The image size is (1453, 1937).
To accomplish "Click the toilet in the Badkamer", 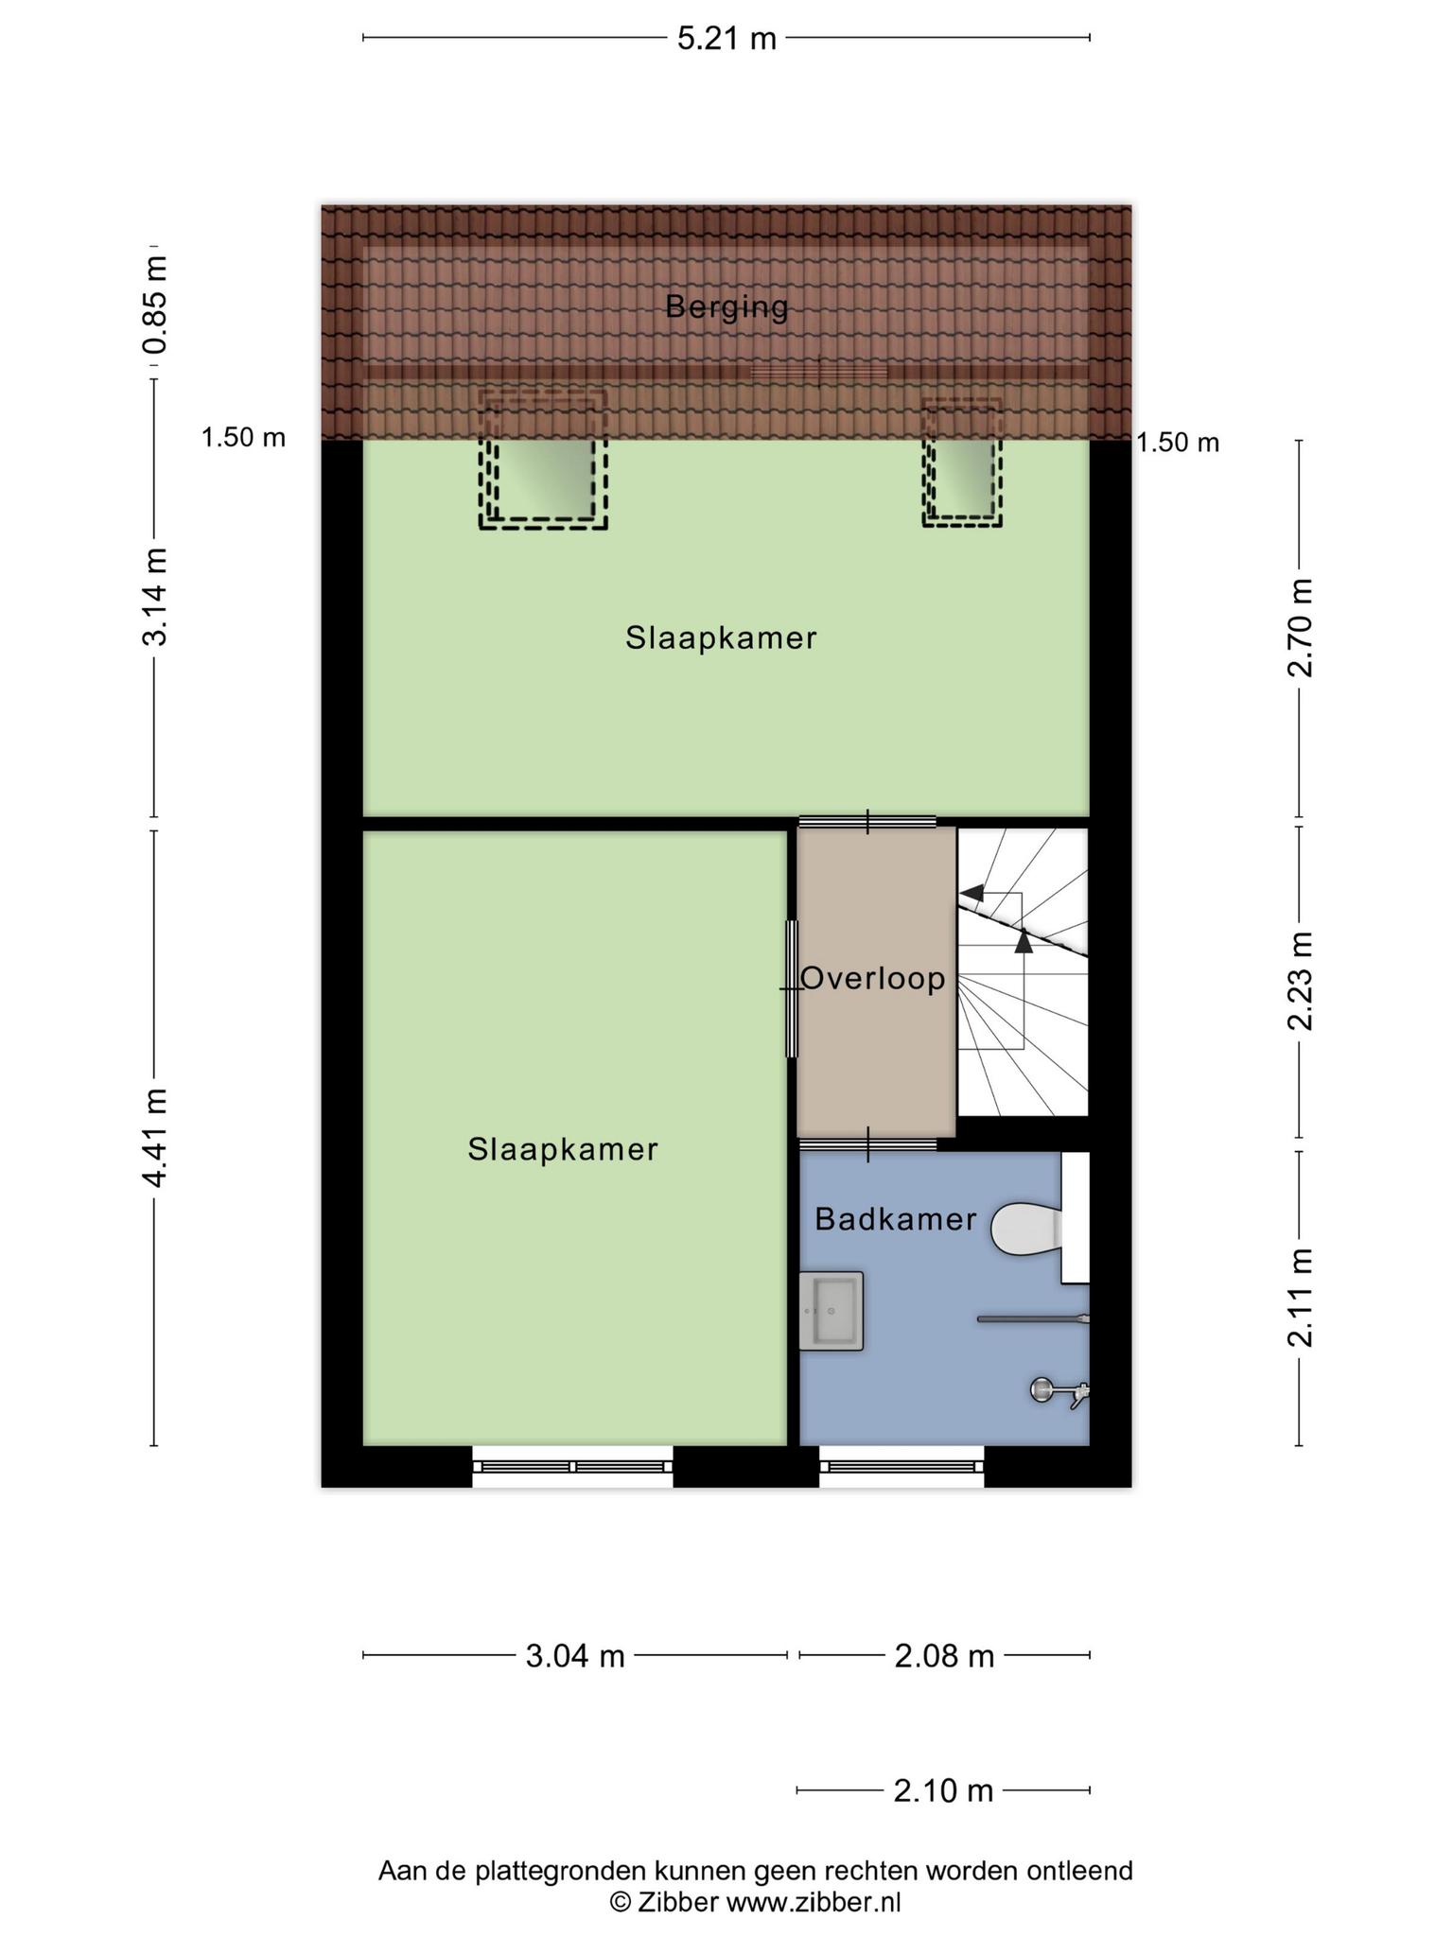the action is [x=1025, y=1229].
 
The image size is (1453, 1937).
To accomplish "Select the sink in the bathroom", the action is [x=832, y=1311].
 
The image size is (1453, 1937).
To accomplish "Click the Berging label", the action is [x=726, y=307].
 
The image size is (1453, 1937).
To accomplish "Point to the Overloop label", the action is [x=873, y=979].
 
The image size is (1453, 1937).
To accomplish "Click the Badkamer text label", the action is [x=895, y=1219].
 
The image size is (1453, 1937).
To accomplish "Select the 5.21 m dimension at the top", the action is [x=726, y=39].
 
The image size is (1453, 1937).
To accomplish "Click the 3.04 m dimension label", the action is [x=575, y=1656].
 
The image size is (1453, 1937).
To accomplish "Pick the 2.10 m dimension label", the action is [x=943, y=1790].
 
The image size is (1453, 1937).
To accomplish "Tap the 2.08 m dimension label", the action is [x=944, y=1656].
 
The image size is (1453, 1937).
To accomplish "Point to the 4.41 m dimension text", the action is [x=154, y=1137].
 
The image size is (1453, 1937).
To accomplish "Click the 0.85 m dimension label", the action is [x=154, y=305].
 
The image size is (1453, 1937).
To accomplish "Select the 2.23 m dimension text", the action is [x=1302, y=981].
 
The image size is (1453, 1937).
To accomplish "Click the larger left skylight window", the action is [x=543, y=460].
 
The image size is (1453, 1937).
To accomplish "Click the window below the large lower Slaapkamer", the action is [x=573, y=1467].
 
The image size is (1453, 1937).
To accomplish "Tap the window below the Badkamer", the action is [x=902, y=1467].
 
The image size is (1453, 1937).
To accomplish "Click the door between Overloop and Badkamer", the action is [x=868, y=1144].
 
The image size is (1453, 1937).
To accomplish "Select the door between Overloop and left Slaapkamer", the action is [x=792, y=988].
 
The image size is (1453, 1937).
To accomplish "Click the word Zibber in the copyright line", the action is [x=676, y=1903].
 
